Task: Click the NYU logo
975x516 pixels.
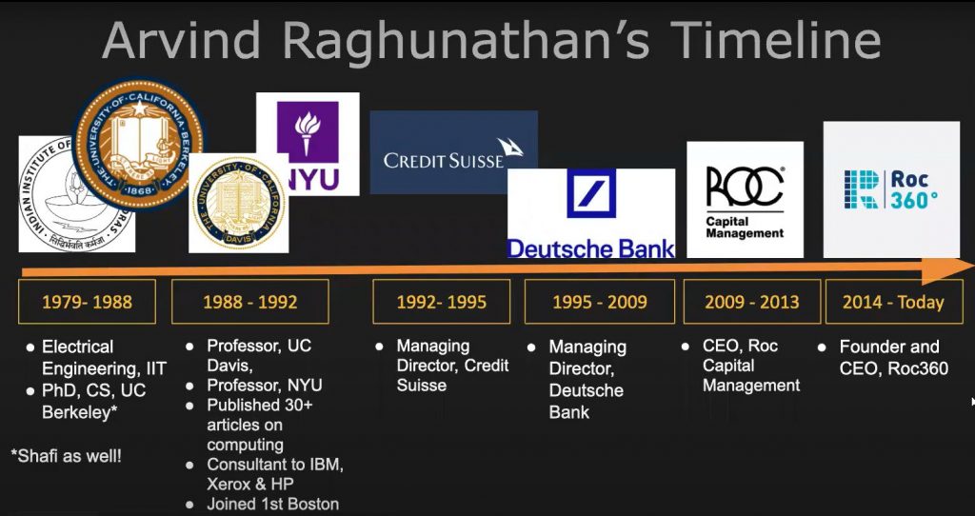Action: coord(308,143)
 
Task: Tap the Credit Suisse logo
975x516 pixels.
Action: coord(453,152)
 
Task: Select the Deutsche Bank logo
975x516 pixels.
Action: coord(590,214)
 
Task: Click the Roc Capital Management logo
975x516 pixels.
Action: coord(745,200)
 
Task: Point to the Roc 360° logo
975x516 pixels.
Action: coord(890,189)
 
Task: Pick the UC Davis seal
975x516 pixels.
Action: coord(238,203)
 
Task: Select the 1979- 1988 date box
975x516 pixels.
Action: coord(87,302)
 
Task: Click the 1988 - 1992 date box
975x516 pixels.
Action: coord(249,302)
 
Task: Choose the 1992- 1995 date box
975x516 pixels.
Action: coord(442,302)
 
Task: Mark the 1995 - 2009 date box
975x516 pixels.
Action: coord(600,302)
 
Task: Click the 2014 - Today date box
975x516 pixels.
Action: coord(893,302)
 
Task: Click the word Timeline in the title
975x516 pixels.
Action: coord(776,41)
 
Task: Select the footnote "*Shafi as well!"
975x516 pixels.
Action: coord(67,456)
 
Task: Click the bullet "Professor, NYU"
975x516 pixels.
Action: coord(265,386)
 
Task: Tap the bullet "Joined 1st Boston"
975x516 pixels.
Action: coord(272,504)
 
